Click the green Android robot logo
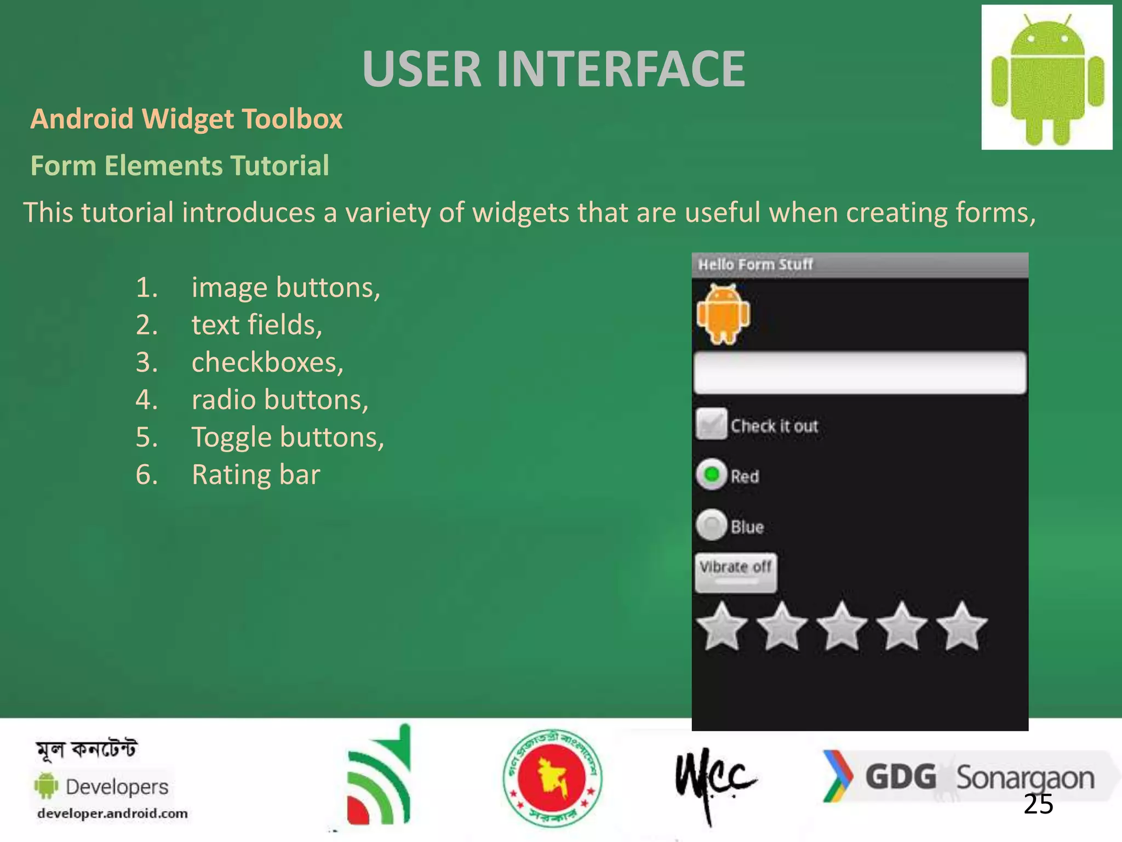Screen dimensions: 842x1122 [1047, 78]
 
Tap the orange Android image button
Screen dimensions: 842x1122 [723, 315]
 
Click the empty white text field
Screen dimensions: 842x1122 [859, 373]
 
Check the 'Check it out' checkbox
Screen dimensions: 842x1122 [711, 424]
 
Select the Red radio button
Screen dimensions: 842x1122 [711, 475]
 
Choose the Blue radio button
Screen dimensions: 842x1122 [711, 526]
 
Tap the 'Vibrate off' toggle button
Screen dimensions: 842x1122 [736, 572]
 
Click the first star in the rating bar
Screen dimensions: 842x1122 [722, 627]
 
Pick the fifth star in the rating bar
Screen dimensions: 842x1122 [961, 627]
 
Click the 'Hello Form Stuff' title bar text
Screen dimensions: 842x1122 [755, 265]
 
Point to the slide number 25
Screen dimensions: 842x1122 [1038, 804]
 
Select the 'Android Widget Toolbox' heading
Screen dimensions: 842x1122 [186, 119]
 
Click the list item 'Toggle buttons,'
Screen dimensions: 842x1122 [288, 437]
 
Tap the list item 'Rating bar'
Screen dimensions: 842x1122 [256, 475]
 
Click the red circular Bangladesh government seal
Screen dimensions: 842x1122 [552, 778]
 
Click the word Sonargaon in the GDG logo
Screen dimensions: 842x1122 [1025, 778]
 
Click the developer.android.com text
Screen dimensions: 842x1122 [112, 813]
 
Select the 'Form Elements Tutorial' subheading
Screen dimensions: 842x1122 [180, 166]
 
